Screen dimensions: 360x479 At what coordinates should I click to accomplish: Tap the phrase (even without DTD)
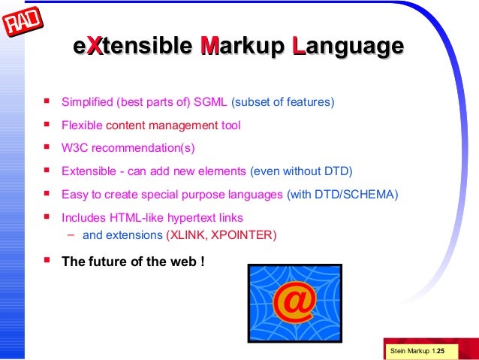point(301,171)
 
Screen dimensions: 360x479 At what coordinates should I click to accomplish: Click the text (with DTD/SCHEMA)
point(342,195)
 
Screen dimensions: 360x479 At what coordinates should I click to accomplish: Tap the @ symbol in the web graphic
point(294,301)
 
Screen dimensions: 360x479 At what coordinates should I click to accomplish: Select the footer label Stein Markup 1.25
point(417,351)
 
